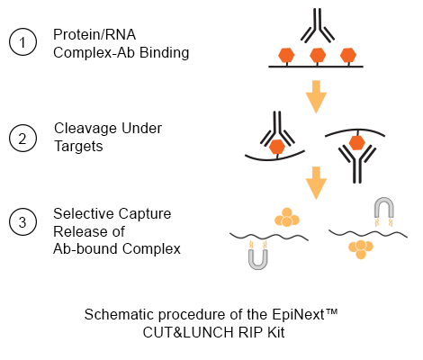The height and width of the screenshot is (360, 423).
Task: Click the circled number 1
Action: coord(22,42)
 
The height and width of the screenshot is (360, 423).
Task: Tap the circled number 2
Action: coord(22,139)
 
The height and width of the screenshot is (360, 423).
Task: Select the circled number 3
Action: coord(22,222)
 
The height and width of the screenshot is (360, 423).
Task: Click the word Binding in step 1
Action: coord(165,53)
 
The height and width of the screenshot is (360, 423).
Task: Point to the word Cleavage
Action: coord(83,128)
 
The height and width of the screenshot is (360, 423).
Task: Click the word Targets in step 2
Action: coord(78,146)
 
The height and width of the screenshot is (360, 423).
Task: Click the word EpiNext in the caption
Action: coord(299,315)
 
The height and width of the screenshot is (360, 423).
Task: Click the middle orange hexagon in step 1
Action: coord(318,55)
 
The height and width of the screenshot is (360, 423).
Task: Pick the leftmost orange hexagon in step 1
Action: coord(286,55)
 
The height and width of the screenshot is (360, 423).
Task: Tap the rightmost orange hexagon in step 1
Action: coord(348,55)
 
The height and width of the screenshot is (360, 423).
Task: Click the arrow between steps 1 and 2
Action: coord(316,96)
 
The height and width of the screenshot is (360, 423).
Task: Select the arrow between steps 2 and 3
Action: coord(316,183)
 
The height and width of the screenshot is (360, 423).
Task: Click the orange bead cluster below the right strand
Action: coord(361,249)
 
